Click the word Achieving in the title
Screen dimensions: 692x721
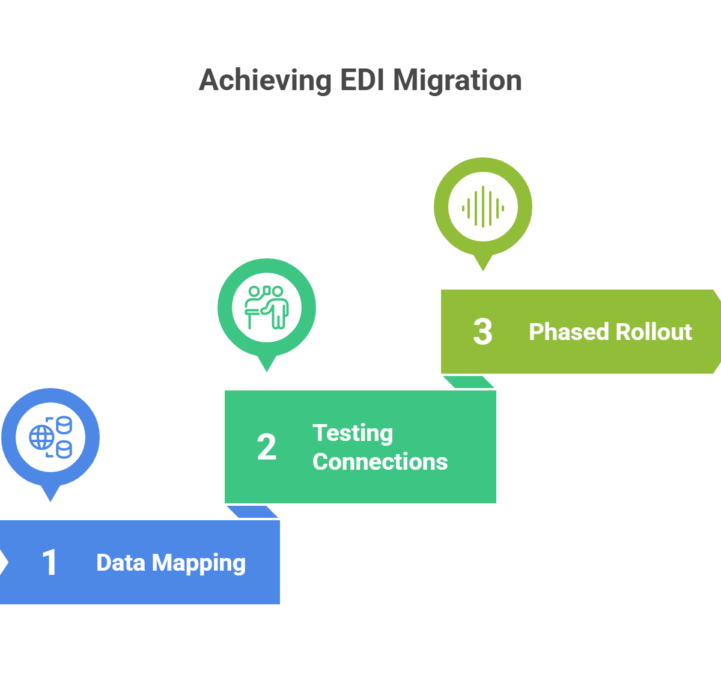265,80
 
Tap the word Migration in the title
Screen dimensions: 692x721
457,80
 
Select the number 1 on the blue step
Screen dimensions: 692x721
50,563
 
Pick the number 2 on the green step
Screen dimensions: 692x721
267,448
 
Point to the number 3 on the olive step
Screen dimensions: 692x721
482,332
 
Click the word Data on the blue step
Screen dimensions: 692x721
121,563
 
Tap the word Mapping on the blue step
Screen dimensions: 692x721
199,563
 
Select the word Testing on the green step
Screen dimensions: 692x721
353,433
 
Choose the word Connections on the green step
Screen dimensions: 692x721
380,462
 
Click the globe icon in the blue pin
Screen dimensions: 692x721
42,437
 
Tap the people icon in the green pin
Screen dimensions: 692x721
267,307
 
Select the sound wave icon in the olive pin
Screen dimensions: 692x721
483,207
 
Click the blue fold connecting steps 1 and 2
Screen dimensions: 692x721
252,512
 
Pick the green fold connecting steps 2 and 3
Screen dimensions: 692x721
469,382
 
